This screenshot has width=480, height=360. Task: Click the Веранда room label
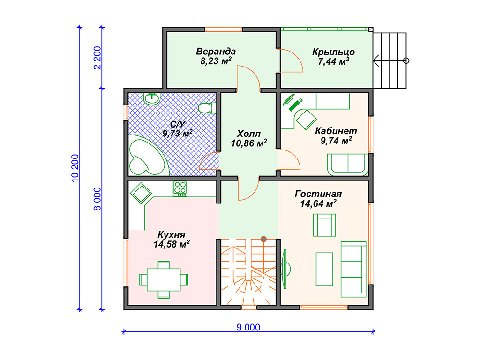pyautogui.click(x=216, y=51)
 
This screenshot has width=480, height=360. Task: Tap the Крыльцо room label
pyautogui.click(x=333, y=52)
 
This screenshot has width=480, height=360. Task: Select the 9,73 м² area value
pyautogui.click(x=178, y=134)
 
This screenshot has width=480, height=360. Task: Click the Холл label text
pyautogui.click(x=248, y=134)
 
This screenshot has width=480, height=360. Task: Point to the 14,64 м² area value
pyautogui.click(x=318, y=203)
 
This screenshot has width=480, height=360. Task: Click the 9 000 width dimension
pyautogui.click(x=248, y=327)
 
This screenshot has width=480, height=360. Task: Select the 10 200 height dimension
pyautogui.click(x=75, y=168)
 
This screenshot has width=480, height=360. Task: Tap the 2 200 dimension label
pyautogui.click(x=97, y=58)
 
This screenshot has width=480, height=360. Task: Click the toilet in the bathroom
pyautogui.click(x=207, y=108)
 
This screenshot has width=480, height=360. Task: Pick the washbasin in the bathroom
pyautogui.click(x=152, y=98)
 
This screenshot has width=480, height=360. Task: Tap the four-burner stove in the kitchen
pyautogui.click(x=180, y=188)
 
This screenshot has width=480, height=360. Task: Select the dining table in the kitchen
pyautogui.click(x=164, y=279)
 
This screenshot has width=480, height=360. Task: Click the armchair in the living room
pyautogui.click(x=324, y=225)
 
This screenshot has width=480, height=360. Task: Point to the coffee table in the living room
pyautogui.click(x=324, y=269)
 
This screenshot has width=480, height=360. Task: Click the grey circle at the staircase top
pyautogui.click(x=263, y=239)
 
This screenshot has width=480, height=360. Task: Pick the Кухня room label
pyautogui.click(x=172, y=234)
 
